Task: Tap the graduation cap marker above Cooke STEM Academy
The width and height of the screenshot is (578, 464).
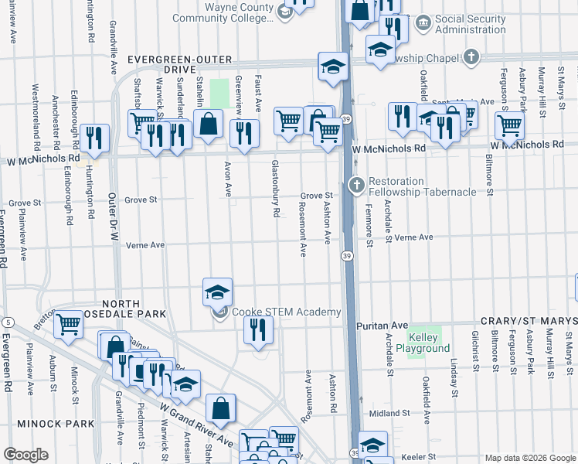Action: click(x=217, y=292)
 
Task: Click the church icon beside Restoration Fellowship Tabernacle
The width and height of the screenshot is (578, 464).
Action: click(x=355, y=186)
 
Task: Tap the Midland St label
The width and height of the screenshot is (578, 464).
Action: click(x=388, y=414)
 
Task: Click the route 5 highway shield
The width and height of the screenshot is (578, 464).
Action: click(x=7, y=321)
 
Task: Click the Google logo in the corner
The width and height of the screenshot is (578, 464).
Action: click(x=25, y=455)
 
